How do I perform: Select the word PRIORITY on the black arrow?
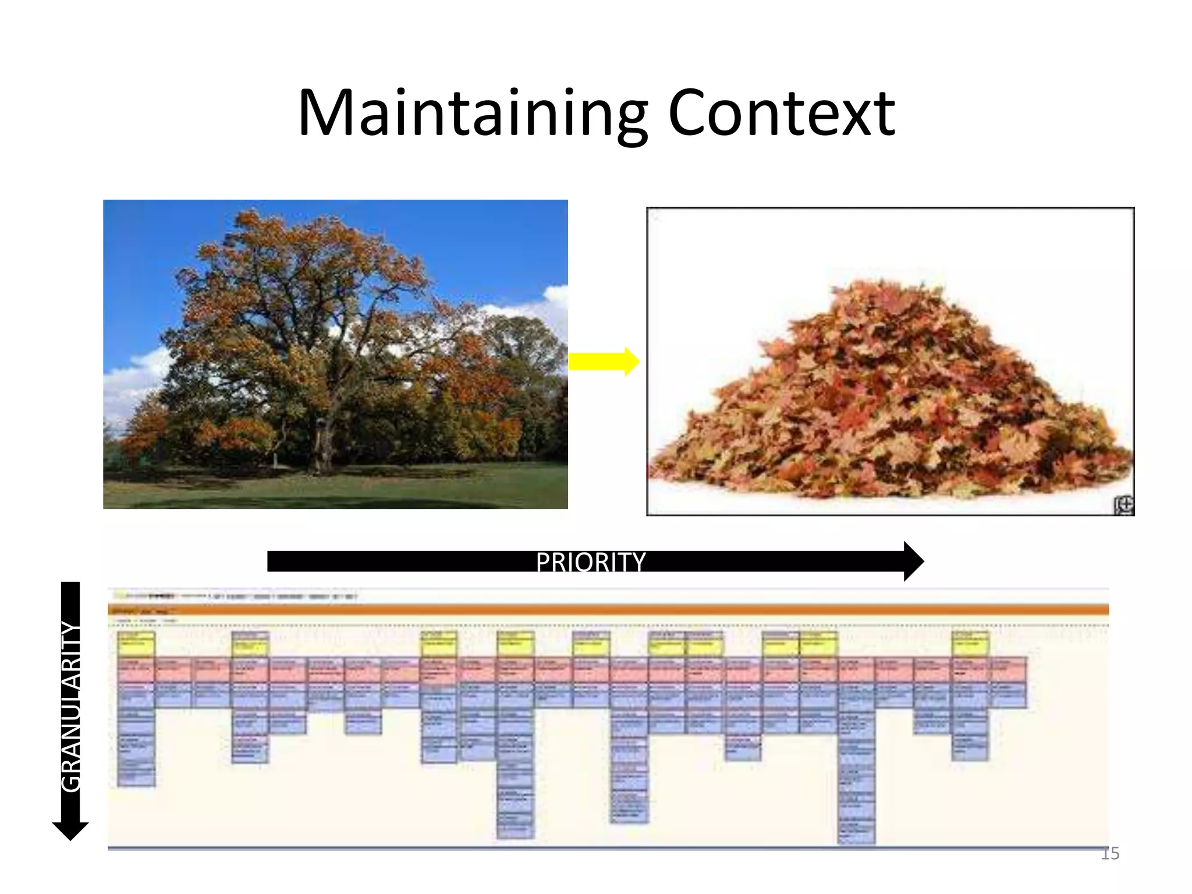pyautogui.click(x=590, y=562)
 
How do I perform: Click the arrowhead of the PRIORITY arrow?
pyautogui.click(x=913, y=562)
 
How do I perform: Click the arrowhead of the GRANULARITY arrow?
pyautogui.click(x=70, y=831)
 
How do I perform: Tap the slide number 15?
pyautogui.click(x=1110, y=854)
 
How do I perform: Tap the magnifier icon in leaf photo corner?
pyautogui.click(x=1124, y=505)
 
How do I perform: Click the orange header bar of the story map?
pyautogui.click(x=608, y=610)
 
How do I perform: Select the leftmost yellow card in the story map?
pyautogui.click(x=136, y=645)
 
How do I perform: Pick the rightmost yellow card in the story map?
pyautogui.click(x=970, y=645)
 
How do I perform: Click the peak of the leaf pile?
pyautogui.click(x=873, y=288)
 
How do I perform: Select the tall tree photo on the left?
pyautogui.click(x=335, y=354)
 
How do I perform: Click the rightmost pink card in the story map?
pyautogui.click(x=1009, y=669)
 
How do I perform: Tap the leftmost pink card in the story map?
pyautogui.click(x=136, y=669)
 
